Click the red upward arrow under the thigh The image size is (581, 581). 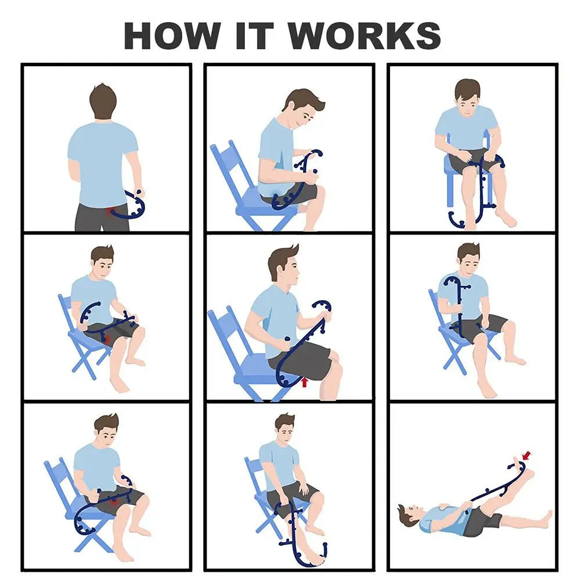point(304,382)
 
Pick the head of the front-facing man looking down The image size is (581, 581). point(467,96)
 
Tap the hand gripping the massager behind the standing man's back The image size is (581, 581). point(137,194)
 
